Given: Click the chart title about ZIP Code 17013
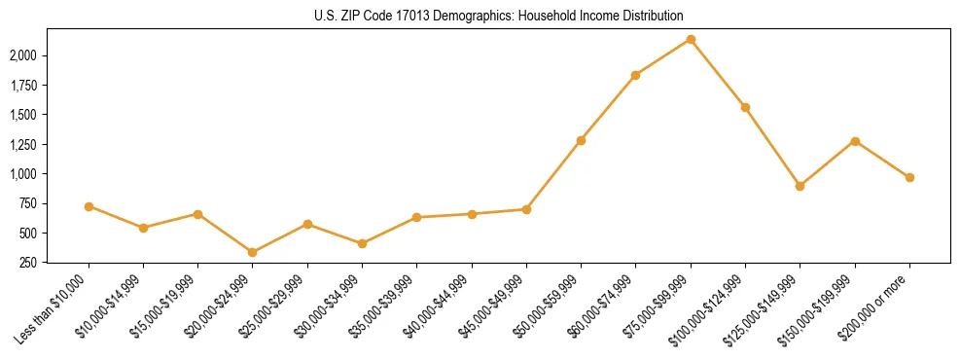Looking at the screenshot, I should point(499,16).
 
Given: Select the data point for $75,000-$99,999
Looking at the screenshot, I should point(691,39).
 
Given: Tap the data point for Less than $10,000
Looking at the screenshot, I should point(89,206).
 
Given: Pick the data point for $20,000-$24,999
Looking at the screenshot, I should point(253,252).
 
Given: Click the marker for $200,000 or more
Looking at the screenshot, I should point(909,177).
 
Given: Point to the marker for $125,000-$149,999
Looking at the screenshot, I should point(800,186).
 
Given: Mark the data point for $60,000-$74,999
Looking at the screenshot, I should point(635,75).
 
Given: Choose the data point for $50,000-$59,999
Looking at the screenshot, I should point(581,140).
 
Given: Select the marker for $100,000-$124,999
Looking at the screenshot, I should point(745,107).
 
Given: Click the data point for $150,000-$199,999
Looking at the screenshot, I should point(855,141).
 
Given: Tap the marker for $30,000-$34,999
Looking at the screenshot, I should point(362,243).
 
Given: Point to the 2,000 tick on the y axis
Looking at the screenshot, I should point(23,55).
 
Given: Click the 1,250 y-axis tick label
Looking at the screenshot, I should point(23,145).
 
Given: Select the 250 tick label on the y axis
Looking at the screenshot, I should point(29,263).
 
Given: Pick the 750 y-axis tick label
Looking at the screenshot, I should point(29,203).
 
